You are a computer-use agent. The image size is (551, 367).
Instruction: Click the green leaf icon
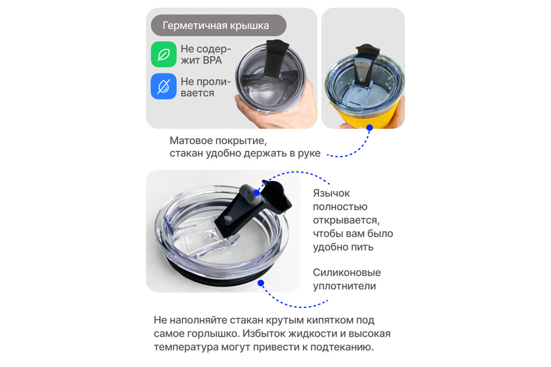[x=164, y=54]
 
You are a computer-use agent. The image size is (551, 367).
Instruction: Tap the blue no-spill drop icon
[x=164, y=86]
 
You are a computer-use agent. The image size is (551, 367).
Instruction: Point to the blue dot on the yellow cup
[x=370, y=128]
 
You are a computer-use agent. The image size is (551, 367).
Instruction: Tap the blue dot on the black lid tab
[x=257, y=193]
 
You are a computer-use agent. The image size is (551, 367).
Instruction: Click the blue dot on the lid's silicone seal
[x=261, y=283]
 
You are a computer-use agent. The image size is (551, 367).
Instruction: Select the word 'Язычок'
[x=331, y=194]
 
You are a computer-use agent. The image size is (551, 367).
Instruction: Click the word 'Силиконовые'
[x=347, y=273]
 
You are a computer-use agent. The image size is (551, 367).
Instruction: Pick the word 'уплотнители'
[x=344, y=286]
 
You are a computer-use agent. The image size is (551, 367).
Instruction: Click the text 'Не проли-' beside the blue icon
[x=206, y=81]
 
